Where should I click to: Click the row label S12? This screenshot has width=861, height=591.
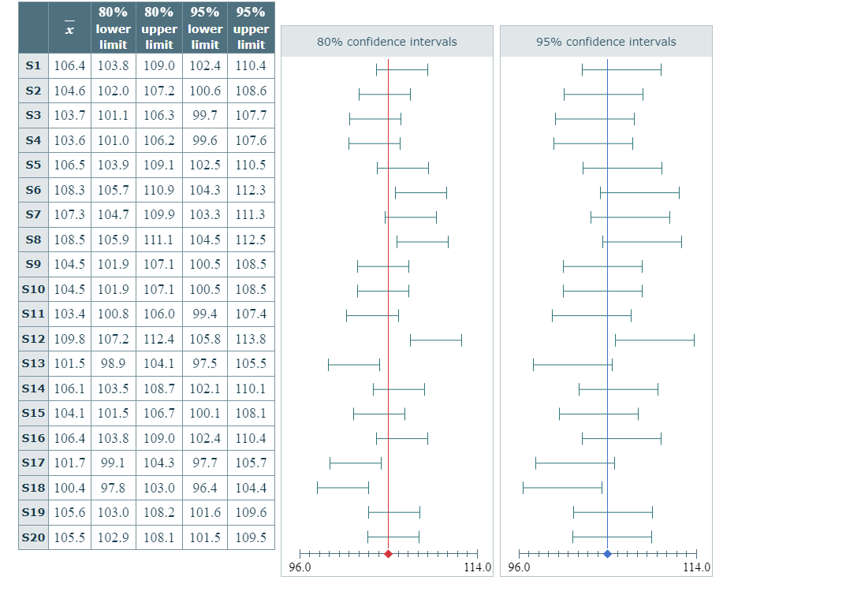[x=33, y=339]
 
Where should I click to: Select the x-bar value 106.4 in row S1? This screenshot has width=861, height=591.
[x=69, y=65]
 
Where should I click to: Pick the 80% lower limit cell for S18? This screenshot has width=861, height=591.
[x=114, y=488]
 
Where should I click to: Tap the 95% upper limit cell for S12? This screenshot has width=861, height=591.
[x=251, y=339]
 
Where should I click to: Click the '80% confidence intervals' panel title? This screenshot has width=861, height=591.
[x=386, y=42]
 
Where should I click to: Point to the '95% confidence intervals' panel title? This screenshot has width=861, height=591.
[x=606, y=42]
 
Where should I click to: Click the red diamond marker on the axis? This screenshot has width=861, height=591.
[x=388, y=554]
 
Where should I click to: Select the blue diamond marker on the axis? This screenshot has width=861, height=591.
[x=607, y=554]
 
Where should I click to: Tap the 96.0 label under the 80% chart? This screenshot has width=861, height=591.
[x=300, y=567]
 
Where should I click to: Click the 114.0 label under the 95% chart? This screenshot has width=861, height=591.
[x=696, y=567]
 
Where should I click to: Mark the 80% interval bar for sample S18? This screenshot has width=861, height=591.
[x=343, y=488]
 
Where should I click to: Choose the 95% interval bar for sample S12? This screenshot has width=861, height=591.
[x=654, y=340]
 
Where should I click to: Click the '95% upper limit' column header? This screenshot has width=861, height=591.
[x=251, y=28]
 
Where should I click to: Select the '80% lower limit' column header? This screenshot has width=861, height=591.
[x=114, y=28]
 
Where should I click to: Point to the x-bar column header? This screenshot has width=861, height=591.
[x=69, y=28]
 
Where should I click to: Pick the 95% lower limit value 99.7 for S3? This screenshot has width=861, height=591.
[x=205, y=115]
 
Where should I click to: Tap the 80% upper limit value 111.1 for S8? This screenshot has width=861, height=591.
[x=159, y=240]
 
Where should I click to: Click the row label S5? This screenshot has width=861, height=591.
[x=33, y=165]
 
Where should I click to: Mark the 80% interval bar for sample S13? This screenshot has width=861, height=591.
[x=354, y=365]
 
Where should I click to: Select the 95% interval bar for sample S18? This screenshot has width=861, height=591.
[x=562, y=488]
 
